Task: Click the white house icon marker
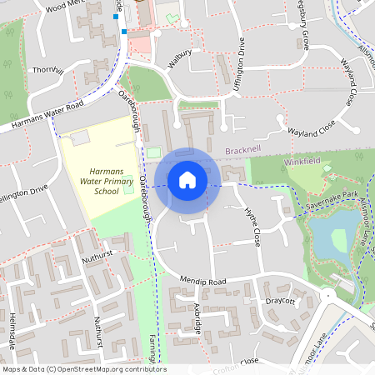tap(187, 179)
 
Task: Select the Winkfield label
tap(301, 160)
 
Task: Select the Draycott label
tap(281, 300)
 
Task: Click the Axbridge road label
tap(197, 319)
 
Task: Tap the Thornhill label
tap(49, 72)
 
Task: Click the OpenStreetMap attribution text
tap(83, 369)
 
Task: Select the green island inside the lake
tap(338, 241)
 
